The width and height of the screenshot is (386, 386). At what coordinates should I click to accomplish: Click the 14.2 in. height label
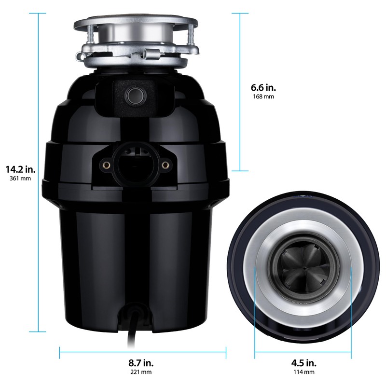(x=21, y=169)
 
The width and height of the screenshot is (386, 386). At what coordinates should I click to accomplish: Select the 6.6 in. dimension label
(x=263, y=88)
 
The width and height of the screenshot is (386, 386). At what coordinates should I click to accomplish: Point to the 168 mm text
(x=263, y=97)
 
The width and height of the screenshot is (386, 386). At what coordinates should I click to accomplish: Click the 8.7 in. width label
(x=141, y=363)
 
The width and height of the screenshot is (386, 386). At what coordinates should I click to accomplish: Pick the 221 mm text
(x=142, y=372)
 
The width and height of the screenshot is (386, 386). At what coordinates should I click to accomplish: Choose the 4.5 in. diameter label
(x=303, y=363)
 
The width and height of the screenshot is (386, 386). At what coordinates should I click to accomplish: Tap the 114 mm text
(x=303, y=372)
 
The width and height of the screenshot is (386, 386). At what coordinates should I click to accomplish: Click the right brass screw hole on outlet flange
(x=165, y=165)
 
